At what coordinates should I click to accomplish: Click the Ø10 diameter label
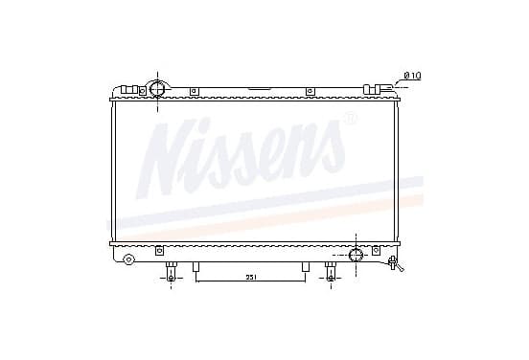413,76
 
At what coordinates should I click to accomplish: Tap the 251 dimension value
250,277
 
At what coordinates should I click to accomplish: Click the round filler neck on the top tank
157,89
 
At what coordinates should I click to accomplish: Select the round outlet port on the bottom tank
356,255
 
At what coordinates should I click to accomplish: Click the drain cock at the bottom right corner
395,263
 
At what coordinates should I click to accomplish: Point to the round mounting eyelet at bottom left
128,259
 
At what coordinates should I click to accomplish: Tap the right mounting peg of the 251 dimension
306,267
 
